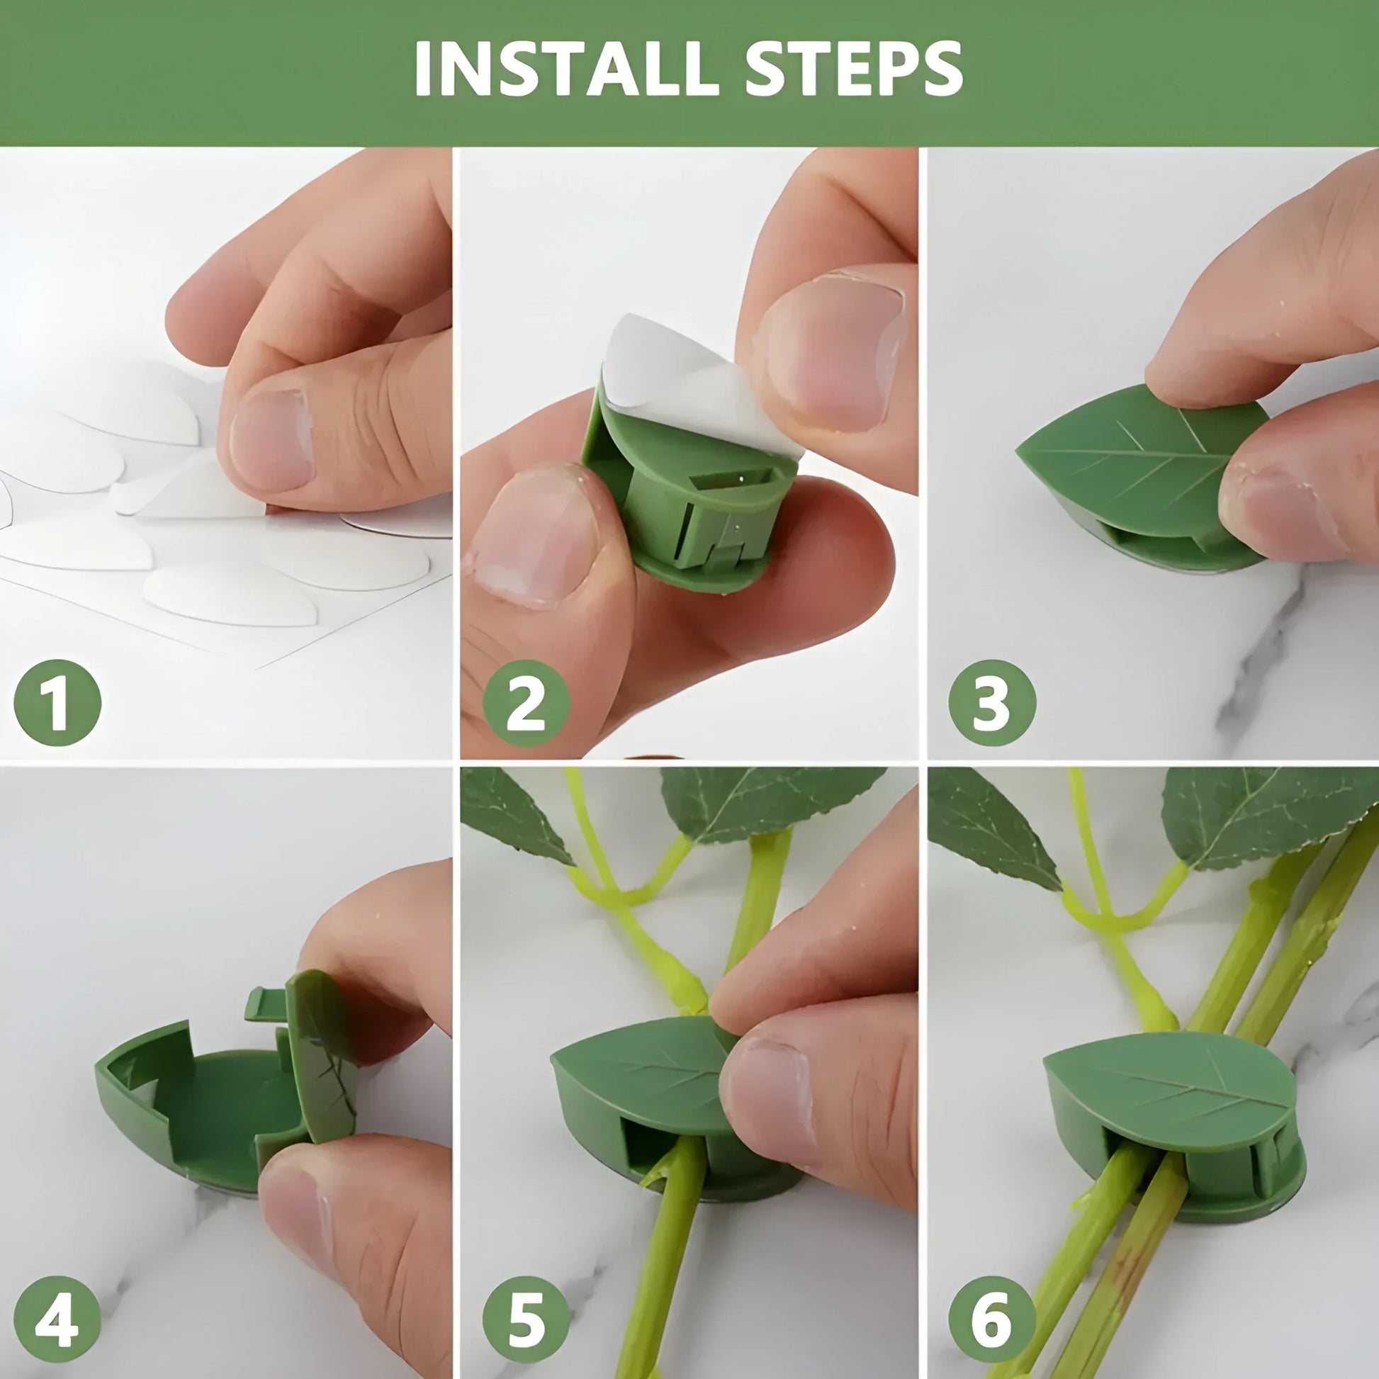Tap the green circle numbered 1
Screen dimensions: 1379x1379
pyautogui.click(x=58, y=702)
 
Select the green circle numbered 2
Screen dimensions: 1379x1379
pyautogui.click(x=526, y=703)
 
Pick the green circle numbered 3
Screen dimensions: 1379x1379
pyautogui.click(x=991, y=702)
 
